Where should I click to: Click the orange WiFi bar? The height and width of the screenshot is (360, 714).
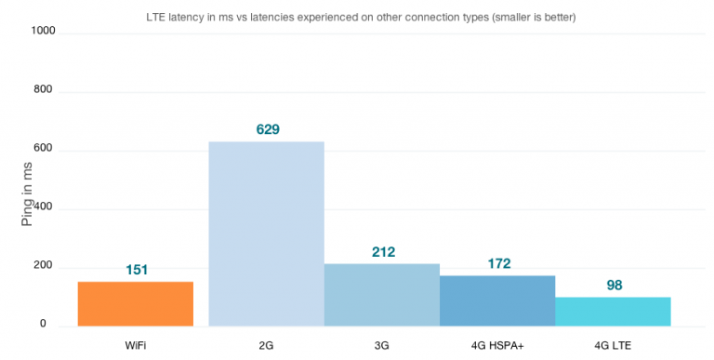pyautogui.click(x=136, y=304)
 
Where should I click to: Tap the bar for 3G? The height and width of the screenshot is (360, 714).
pyautogui.click(x=381, y=295)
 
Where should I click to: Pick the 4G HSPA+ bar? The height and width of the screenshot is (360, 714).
pyautogui.click(x=496, y=300)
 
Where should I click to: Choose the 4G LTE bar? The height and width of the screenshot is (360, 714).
pyautogui.click(x=613, y=312)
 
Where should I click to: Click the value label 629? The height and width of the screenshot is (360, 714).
pyautogui.click(x=268, y=129)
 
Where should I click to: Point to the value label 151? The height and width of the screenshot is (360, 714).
pyautogui.click(x=138, y=270)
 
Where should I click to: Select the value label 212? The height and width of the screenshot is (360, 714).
pyautogui.click(x=382, y=251)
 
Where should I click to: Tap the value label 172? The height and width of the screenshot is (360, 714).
pyautogui.click(x=498, y=263)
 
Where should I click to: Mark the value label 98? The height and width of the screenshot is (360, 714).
pyautogui.click(x=614, y=285)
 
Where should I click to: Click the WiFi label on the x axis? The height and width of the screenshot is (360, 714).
pyautogui.click(x=136, y=345)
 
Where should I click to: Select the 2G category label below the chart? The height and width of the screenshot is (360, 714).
pyautogui.click(x=266, y=345)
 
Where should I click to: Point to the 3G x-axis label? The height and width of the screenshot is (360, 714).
pyautogui.click(x=381, y=345)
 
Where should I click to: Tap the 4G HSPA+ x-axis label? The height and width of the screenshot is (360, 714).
pyautogui.click(x=496, y=345)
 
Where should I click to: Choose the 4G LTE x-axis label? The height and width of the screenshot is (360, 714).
pyautogui.click(x=613, y=345)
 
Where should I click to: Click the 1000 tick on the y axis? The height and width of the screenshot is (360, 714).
pyautogui.click(x=44, y=31)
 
